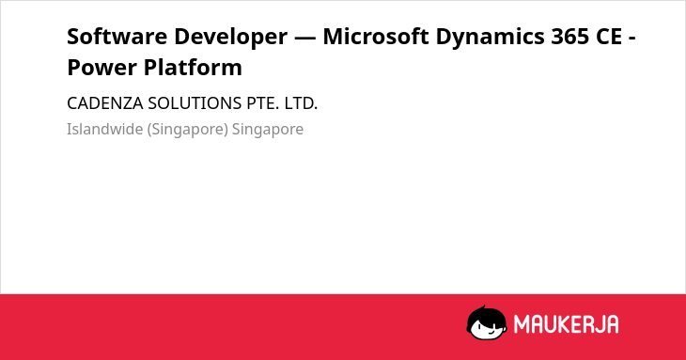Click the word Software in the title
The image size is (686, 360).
[x=117, y=36]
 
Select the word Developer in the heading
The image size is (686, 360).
[x=231, y=38]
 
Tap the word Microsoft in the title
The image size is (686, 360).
[x=376, y=36]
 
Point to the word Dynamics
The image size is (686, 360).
[x=490, y=38]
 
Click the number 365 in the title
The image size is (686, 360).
[x=570, y=37]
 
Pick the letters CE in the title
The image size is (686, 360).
[x=609, y=37]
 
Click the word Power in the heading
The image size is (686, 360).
[x=102, y=68]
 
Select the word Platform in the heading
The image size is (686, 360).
[x=193, y=67]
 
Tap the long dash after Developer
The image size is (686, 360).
[x=304, y=38]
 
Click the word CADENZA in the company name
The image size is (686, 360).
[x=105, y=103]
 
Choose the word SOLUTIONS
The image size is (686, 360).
[x=195, y=103]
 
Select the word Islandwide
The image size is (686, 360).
[x=105, y=129]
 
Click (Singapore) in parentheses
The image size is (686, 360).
[x=188, y=130]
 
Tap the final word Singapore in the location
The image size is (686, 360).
[x=268, y=130]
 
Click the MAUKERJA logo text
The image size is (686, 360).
[x=566, y=324]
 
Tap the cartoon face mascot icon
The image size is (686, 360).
[x=487, y=322]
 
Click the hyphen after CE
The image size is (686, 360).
[x=631, y=38]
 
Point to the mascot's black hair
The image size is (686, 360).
[x=486, y=314]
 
